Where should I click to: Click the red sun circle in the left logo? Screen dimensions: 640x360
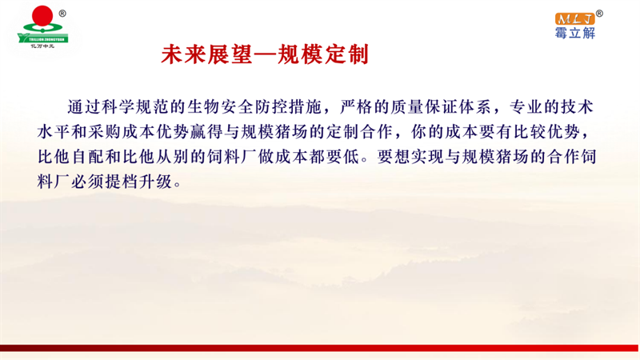(42, 16)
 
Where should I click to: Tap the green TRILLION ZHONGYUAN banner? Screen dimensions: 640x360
(43, 39)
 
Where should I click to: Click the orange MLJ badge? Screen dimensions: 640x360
(574, 18)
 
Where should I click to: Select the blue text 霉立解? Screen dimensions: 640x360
(574, 33)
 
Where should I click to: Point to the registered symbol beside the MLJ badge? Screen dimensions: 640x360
(599, 14)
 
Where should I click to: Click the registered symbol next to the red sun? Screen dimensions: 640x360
(62, 14)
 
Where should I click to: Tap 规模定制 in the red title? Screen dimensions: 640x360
(323, 54)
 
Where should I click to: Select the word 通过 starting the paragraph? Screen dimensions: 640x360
(84, 107)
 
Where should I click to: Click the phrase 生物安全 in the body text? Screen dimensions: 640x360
(221, 107)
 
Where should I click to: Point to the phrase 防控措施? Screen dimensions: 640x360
(289, 107)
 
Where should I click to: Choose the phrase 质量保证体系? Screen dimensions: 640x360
(441, 107)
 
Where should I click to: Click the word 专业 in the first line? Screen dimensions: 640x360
(526, 107)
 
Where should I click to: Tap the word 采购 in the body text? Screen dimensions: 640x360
(105, 132)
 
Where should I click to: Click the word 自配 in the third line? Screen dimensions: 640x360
(88, 157)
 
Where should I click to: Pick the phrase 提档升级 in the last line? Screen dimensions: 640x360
(138, 182)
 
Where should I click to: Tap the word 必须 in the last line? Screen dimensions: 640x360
(88, 182)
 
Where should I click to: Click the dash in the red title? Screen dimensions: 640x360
(265, 55)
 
